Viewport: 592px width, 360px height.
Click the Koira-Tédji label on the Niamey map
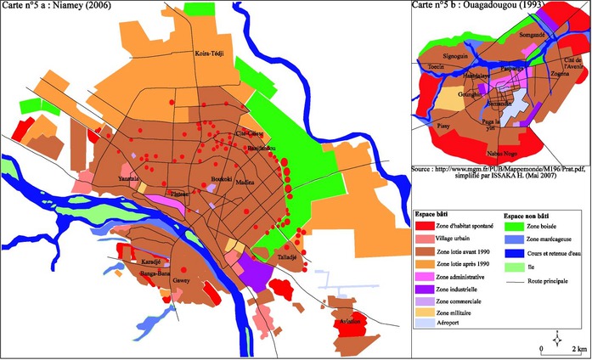[208, 53]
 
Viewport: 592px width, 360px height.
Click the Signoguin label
[455, 56]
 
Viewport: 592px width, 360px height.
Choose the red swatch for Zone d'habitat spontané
[425, 224]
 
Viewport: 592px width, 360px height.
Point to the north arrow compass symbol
[556, 340]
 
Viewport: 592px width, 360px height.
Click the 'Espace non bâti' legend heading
[530, 215]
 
